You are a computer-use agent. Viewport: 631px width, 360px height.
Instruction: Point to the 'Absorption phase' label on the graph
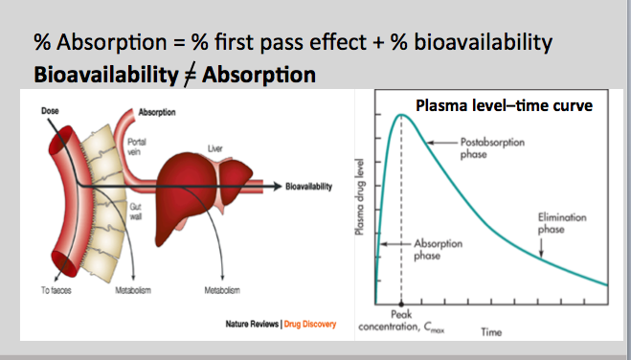pyautogui.click(x=436, y=251)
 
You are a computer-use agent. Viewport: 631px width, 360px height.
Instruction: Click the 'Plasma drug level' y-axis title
pyautogui.click(x=362, y=205)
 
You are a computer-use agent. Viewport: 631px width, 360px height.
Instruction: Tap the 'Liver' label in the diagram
pyautogui.click(x=214, y=148)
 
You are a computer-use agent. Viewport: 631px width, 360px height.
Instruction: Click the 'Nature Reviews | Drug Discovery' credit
pyautogui.click(x=279, y=324)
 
